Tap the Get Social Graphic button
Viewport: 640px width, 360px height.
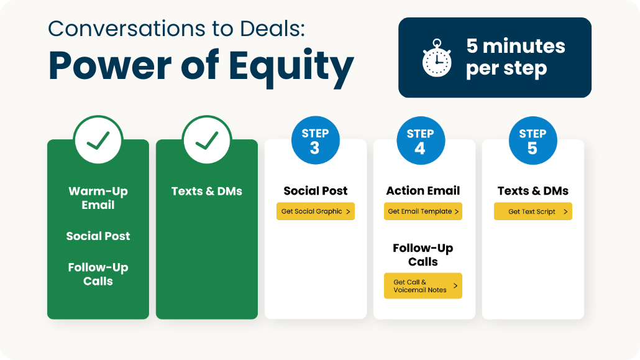click(316, 211)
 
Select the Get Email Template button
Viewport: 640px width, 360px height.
click(423, 211)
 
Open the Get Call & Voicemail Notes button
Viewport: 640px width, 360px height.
click(423, 285)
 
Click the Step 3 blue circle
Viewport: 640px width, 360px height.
click(316, 141)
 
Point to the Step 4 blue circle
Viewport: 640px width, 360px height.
click(421, 141)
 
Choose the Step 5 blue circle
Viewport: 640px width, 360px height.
click(533, 141)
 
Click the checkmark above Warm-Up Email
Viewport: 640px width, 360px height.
click(98, 140)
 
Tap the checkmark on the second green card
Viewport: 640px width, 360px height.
click(207, 140)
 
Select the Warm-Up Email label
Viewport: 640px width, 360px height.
click(98, 198)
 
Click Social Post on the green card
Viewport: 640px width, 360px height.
click(98, 236)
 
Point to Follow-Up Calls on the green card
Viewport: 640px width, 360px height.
click(98, 274)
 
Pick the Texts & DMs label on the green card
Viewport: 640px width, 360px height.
click(207, 191)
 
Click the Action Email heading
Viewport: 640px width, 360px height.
click(423, 191)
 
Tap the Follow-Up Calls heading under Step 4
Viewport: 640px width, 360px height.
click(423, 255)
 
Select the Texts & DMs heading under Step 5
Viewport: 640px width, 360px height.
click(533, 191)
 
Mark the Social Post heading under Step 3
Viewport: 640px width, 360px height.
click(316, 191)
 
